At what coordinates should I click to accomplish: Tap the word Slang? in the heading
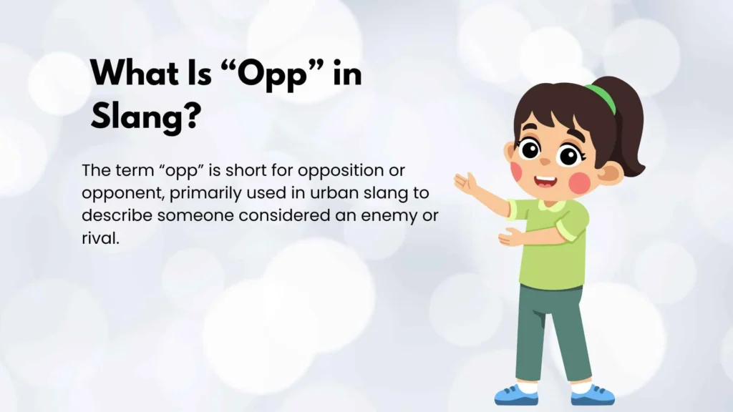click(x=144, y=115)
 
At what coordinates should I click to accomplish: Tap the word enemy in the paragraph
click(x=389, y=215)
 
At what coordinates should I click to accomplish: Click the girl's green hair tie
click(x=601, y=97)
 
